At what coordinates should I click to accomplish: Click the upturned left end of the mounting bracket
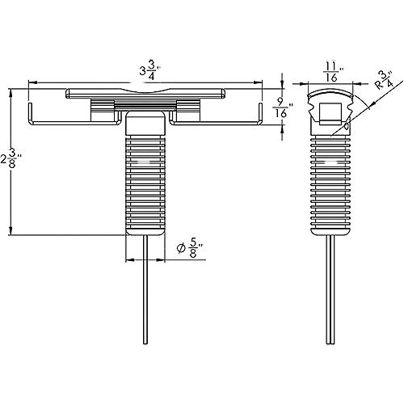click(x=31, y=113)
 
